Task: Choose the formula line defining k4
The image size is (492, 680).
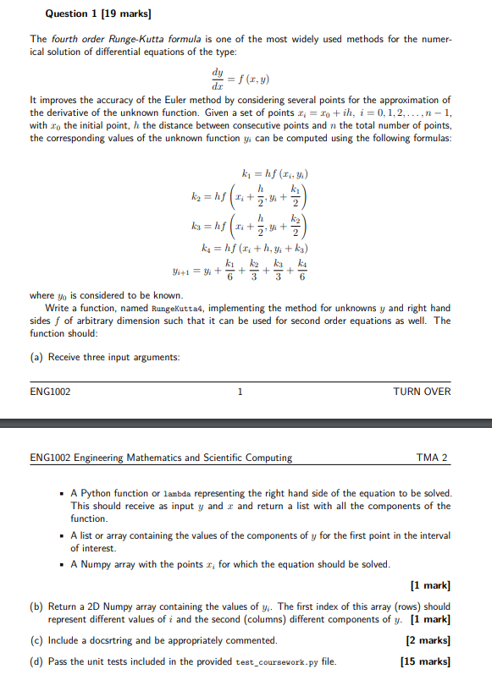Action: click(x=244, y=251)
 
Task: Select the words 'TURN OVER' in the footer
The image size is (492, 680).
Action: click(x=422, y=392)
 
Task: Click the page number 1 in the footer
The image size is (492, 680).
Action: click(x=240, y=392)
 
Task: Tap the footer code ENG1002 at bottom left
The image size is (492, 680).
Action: click(x=50, y=392)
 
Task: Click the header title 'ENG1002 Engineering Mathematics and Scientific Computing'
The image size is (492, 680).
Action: click(x=161, y=458)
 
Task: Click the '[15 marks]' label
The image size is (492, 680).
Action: click(x=425, y=661)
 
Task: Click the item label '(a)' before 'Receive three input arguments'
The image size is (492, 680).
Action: click(x=36, y=357)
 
